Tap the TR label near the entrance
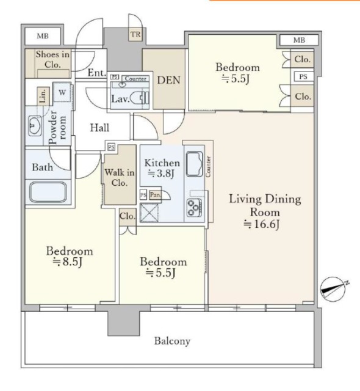[135, 34]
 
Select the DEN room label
[168, 80]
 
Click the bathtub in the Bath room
[48, 192]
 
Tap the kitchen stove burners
[195, 207]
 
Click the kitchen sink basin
[194, 164]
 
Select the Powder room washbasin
[34, 125]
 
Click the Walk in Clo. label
[120, 177]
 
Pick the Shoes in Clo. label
[52, 59]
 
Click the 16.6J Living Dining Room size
[261, 224]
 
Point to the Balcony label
[172, 341]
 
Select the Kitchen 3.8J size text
[161, 174]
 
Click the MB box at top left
[43, 36]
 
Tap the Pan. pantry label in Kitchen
[156, 194]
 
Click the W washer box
[62, 92]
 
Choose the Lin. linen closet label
[43, 96]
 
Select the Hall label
[99, 128]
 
